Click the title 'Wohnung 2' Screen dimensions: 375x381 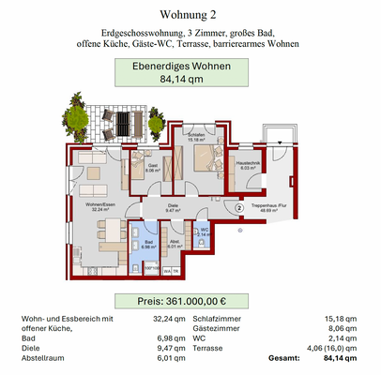190,15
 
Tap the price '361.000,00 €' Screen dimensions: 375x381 190,302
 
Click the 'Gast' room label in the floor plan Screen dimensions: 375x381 153,170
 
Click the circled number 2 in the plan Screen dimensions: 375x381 239,208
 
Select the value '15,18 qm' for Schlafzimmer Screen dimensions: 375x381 339,319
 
